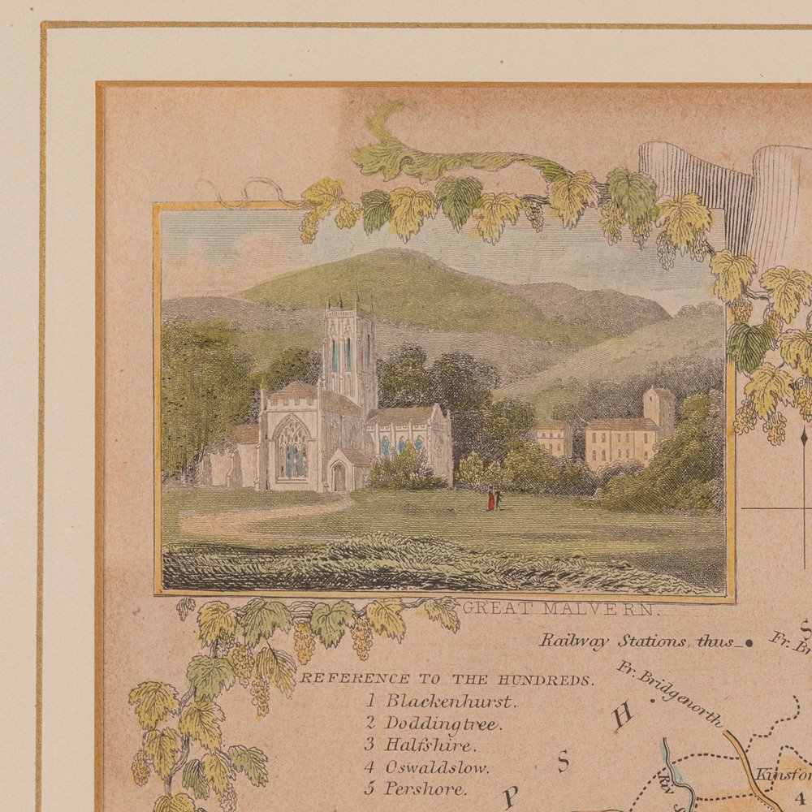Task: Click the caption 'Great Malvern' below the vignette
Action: click(560, 607)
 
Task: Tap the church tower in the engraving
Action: click(348, 349)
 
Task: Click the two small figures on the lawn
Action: click(493, 498)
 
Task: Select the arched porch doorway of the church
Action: click(338, 477)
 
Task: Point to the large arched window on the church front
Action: click(293, 447)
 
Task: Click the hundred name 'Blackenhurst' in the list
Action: click(449, 700)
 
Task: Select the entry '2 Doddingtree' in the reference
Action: click(432, 723)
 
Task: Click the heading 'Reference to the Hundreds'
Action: click(447, 679)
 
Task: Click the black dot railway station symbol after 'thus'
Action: click(749, 642)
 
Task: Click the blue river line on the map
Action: click(668, 759)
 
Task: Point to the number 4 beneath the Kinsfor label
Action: click(798, 797)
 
